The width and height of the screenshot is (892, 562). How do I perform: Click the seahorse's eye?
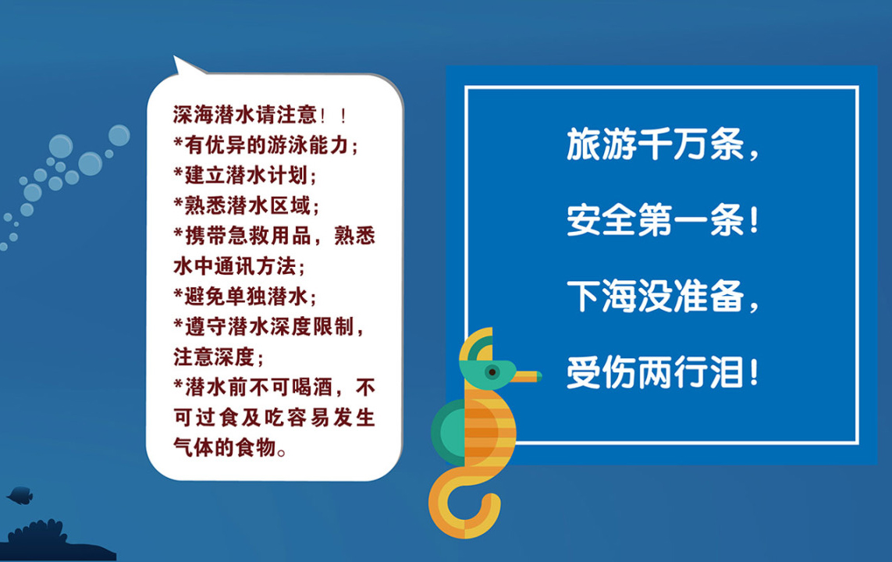(x=492, y=372)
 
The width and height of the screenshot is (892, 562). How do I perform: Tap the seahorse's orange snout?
(x=528, y=376)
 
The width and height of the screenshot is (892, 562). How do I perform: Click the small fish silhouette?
(x=20, y=496)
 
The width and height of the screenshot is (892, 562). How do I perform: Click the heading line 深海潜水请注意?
(x=260, y=115)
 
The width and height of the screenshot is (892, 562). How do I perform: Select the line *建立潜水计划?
(x=245, y=175)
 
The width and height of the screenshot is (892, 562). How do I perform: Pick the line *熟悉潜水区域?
(x=247, y=205)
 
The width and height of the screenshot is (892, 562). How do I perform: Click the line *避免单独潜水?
(x=245, y=297)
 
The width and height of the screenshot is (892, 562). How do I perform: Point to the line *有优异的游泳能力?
(x=266, y=145)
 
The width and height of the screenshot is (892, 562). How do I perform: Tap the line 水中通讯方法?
(x=240, y=266)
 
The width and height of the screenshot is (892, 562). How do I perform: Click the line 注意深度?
(x=219, y=357)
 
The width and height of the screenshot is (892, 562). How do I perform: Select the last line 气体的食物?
(x=230, y=448)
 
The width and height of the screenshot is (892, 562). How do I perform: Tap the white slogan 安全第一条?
(x=663, y=220)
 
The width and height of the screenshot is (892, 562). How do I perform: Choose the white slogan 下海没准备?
(x=663, y=297)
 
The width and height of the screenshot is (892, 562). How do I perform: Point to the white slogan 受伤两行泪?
(x=663, y=372)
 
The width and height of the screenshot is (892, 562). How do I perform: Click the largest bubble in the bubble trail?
(x=91, y=163)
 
